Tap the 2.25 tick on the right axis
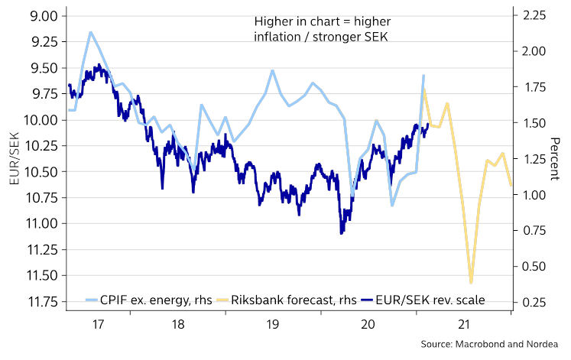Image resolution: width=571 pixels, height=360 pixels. click(x=531, y=16)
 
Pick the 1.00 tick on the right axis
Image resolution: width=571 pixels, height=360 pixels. click(x=531, y=195)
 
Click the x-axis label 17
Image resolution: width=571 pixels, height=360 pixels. click(x=99, y=324)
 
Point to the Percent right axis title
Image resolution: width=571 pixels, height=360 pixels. click(x=555, y=158)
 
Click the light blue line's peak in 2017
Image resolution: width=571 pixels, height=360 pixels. click(x=91, y=32)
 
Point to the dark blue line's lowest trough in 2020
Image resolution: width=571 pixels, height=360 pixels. click(x=342, y=233)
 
